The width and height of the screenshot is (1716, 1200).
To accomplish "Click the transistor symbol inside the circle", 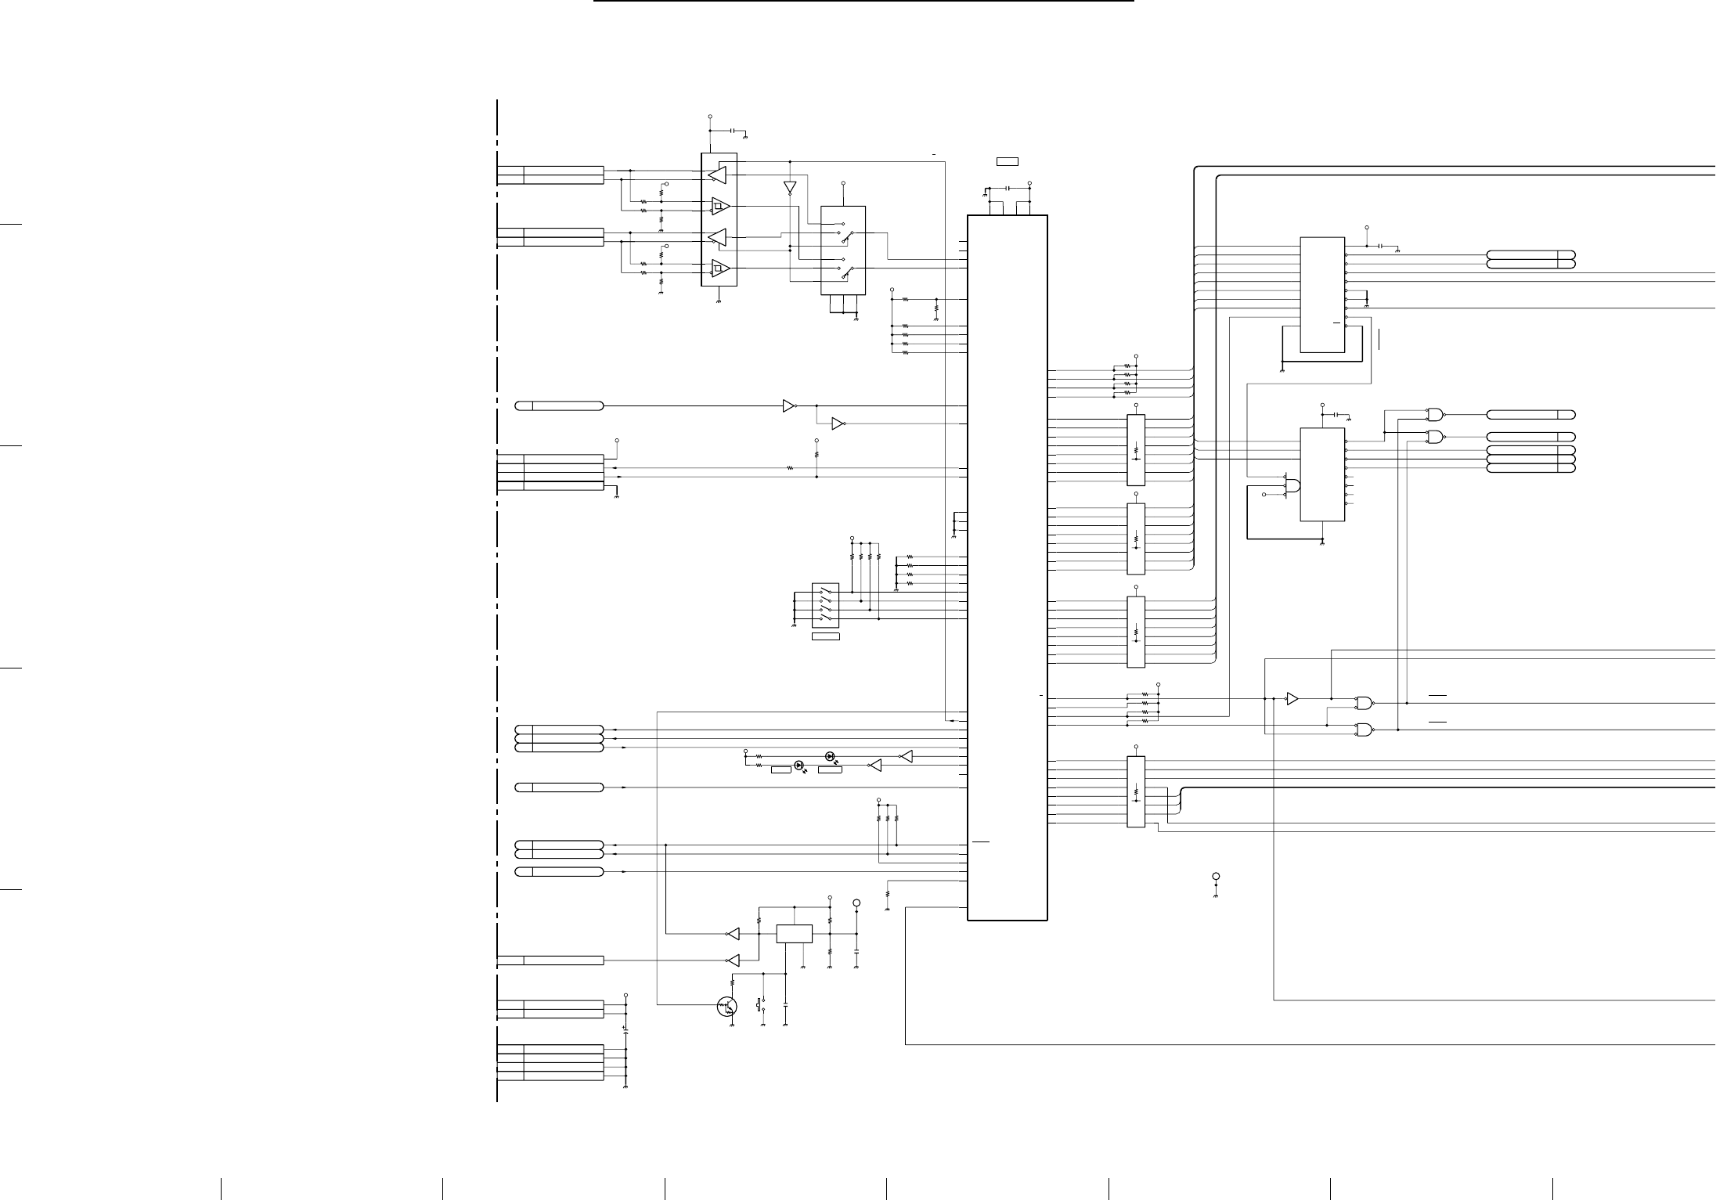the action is point(727,1007).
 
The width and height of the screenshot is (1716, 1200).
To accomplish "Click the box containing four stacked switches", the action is point(826,605).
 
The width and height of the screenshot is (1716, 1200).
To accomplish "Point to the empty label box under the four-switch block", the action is point(826,636).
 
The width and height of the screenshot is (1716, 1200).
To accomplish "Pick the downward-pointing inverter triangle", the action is point(790,189).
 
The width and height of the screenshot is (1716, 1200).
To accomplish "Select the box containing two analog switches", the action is point(843,250).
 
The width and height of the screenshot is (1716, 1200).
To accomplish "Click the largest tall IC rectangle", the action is point(1008,568).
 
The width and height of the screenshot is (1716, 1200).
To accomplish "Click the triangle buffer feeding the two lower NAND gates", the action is point(1292,698).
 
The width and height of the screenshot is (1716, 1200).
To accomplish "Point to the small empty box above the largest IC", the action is point(1007,161).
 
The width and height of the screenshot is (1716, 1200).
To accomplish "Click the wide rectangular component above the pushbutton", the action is point(794,934).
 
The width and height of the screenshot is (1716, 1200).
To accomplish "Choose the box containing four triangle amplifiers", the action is point(719,219).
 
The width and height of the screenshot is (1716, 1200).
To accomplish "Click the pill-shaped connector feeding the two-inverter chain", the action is point(559,405).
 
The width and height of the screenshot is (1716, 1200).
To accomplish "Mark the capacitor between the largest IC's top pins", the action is point(1008,189).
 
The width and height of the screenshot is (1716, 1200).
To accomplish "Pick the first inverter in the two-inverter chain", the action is point(788,405).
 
